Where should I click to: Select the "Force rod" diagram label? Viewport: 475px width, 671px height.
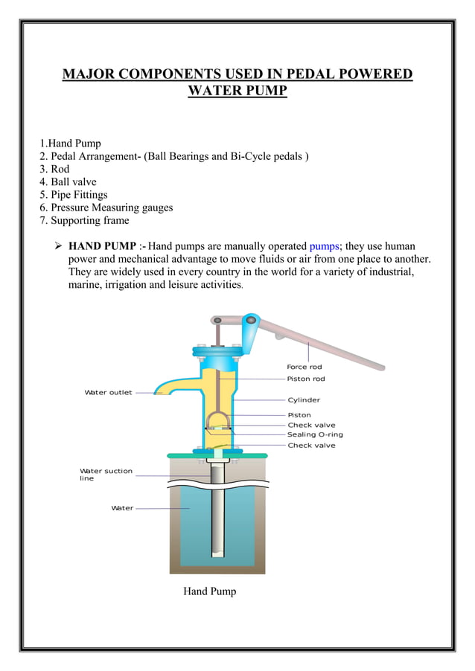[304, 367]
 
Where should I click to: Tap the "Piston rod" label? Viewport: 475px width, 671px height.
[305, 379]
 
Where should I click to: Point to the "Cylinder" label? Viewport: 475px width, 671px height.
[304, 400]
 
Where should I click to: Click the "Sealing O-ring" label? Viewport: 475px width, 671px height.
[315, 434]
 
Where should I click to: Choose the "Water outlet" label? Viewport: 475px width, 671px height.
[108, 393]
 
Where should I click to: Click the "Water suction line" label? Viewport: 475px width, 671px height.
[106, 475]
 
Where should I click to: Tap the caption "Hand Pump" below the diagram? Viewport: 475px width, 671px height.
[209, 591]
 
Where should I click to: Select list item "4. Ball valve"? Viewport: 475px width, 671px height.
[68, 182]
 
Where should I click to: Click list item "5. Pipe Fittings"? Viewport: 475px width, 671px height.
[74, 195]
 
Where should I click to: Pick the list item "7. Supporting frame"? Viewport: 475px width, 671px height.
[84, 221]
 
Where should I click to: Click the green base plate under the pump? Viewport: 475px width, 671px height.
[217, 455]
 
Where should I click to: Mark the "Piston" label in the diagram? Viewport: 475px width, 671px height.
[299, 415]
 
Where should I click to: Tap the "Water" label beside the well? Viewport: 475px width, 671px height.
[122, 508]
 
